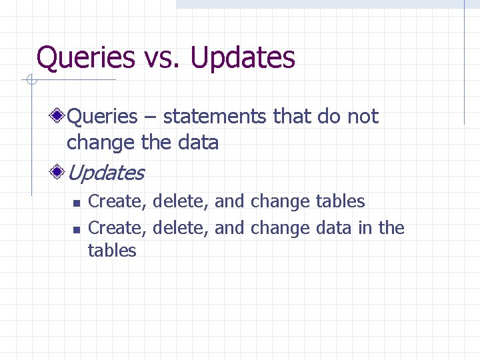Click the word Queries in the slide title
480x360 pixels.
pyautogui.click(x=85, y=58)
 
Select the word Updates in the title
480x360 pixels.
pyautogui.click(x=243, y=58)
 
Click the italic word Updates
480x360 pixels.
pyautogui.click(x=105, y=173)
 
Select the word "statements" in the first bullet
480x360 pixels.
pyautogui.click(x=215, y=117)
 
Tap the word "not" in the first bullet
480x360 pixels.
pyautogui.click(x=363, y=117)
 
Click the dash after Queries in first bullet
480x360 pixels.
pyautogui.click(x=149, y=117)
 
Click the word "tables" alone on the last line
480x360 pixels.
pyautogui.click(x=112, y=251)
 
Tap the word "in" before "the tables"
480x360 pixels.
pyautogui.click(x=365, y=228)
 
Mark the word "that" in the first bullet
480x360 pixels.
pyautogui.click(x=292, y=117)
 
